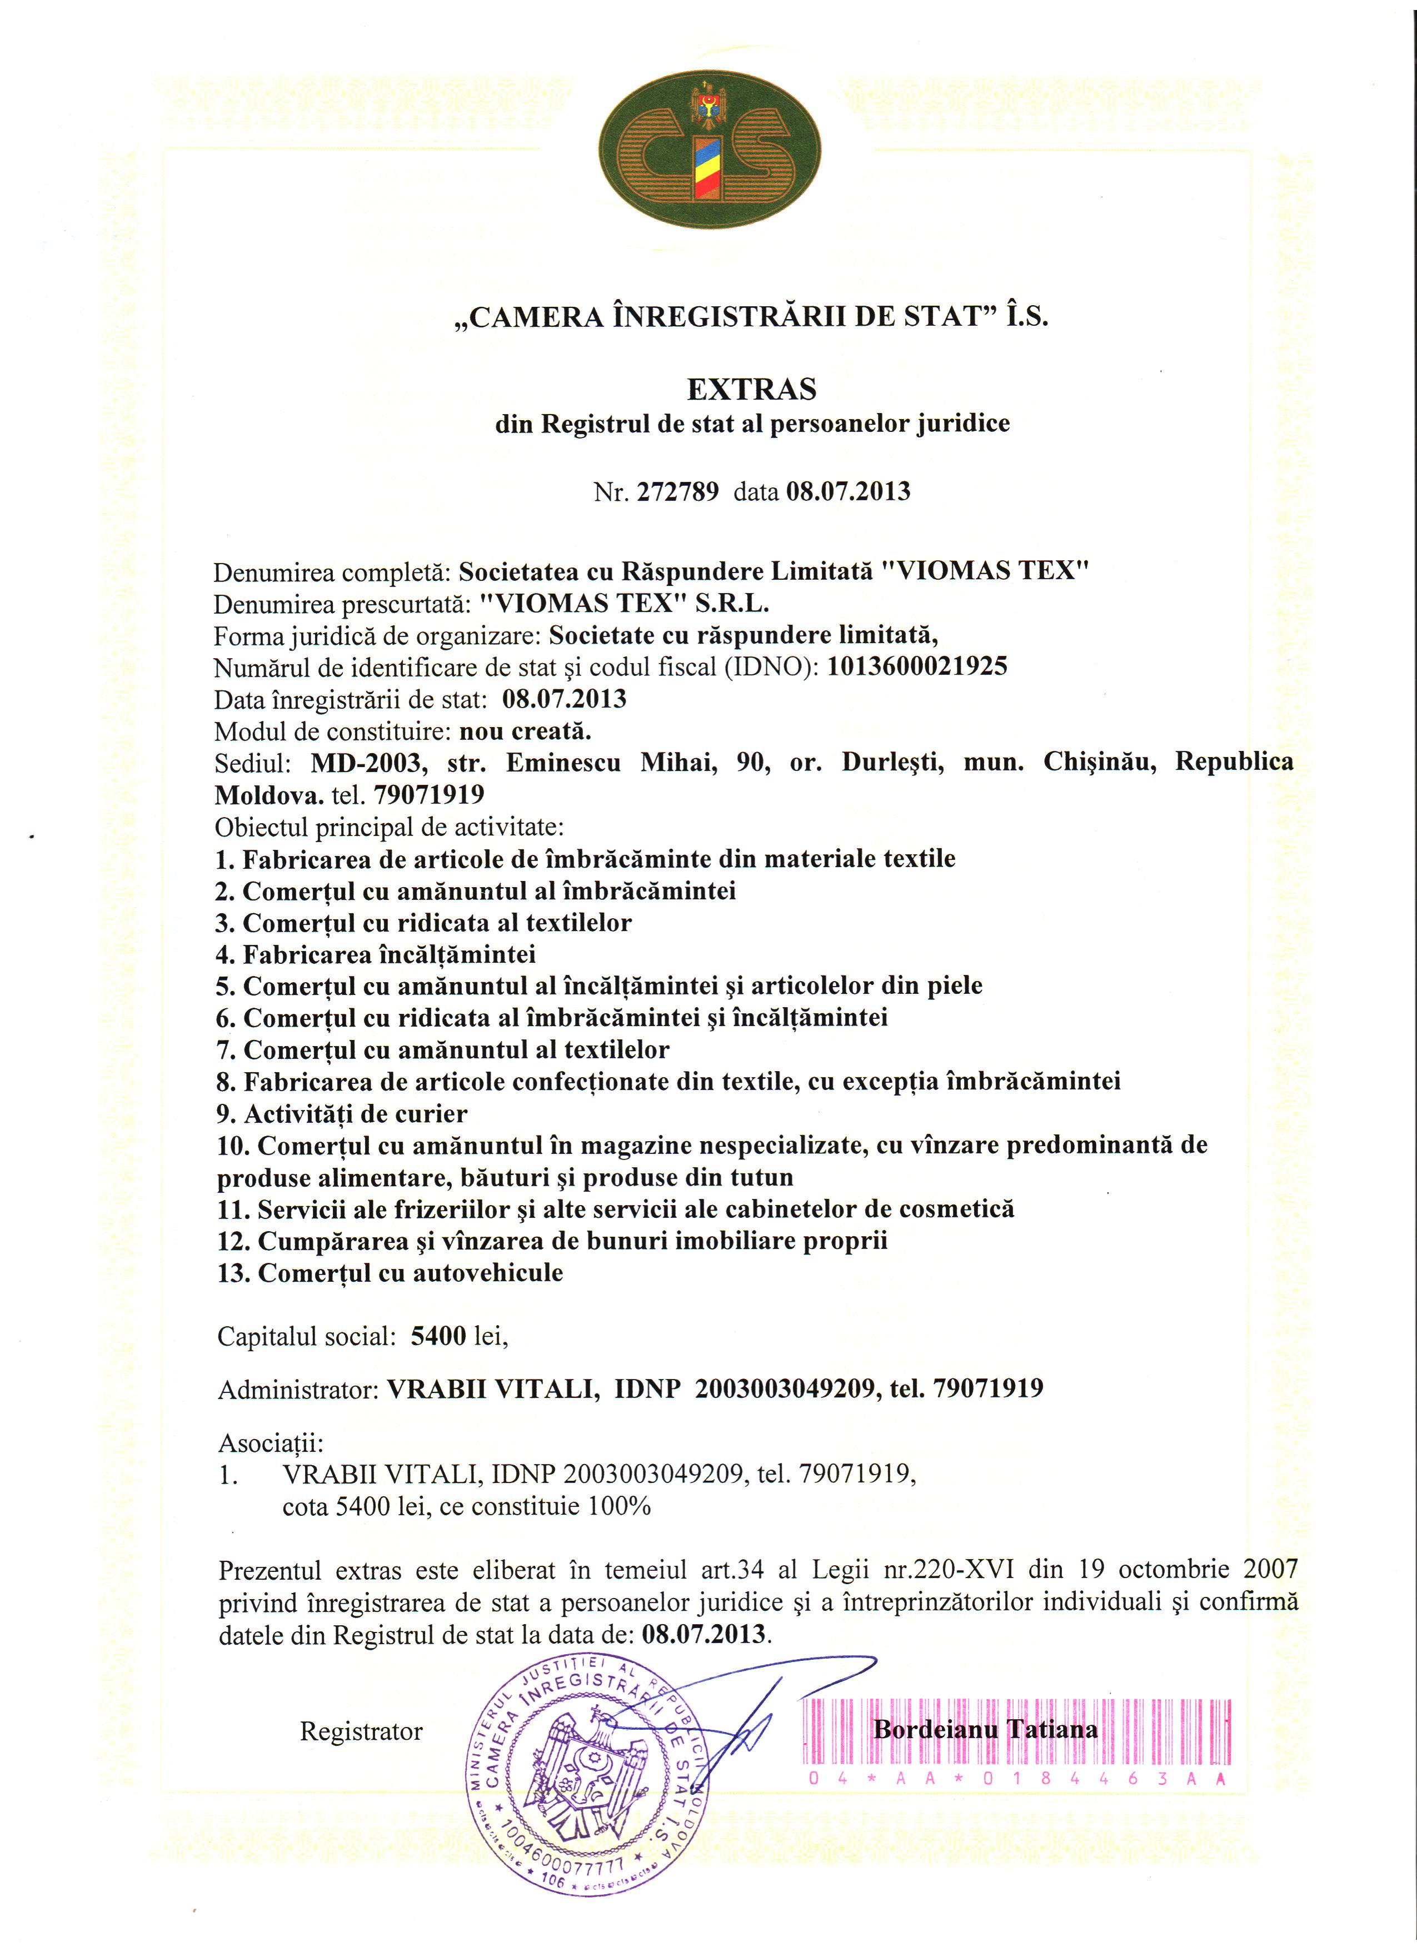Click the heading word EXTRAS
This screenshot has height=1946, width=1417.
point(751,390)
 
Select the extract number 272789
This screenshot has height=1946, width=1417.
point(677,492)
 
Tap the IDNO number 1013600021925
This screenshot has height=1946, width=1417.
point(917,666)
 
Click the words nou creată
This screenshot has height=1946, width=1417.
point(526,732)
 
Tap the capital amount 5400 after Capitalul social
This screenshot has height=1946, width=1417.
point(438,1336)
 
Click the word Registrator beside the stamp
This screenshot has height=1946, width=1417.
point(361,1731)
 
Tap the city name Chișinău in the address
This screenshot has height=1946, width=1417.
point(1100,762)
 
